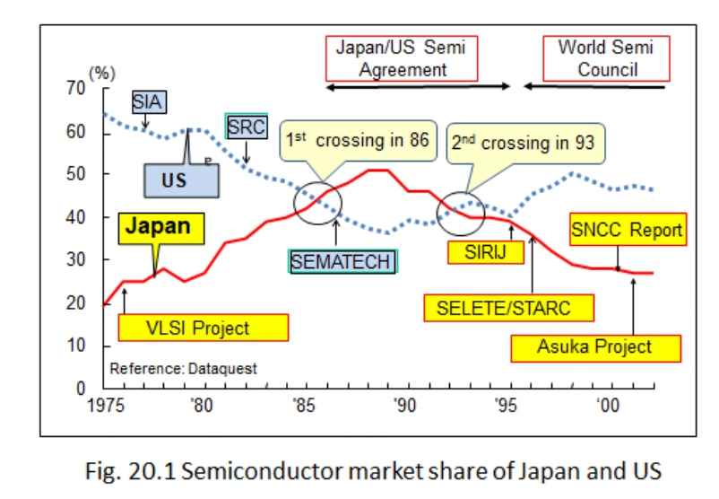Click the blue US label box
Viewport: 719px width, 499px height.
[x=183, y=180]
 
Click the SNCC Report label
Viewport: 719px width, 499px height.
[x=627, y=232]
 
